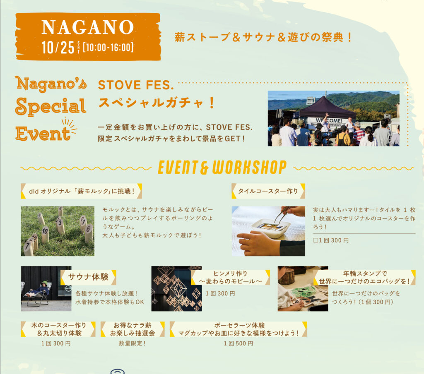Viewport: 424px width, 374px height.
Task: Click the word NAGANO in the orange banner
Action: [x=88, y=27]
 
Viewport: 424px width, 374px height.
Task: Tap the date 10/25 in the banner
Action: [x=58, y=48]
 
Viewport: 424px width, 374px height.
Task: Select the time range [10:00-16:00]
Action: [x=108, y=48]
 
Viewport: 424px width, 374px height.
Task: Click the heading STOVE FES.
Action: [x=136, y=85]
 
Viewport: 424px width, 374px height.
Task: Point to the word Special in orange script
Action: [x=51, y=106]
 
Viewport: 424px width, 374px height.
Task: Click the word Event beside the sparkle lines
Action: [x=43, y=134]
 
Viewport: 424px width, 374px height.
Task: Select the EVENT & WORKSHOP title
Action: [x=222, y=167]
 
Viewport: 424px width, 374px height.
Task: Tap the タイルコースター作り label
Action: [x=268, y=191]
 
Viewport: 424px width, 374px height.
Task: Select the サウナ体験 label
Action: [x=89, y=277]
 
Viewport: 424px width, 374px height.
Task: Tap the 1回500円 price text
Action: [x=238, y=343]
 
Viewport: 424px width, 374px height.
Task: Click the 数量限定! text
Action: [x=132, y=343]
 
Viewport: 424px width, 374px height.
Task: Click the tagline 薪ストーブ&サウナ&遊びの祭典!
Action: [x=263, y=37]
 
